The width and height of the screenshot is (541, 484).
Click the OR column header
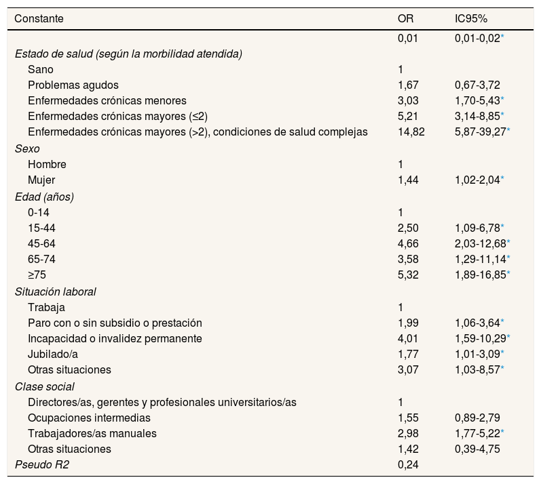pyautogui.click(x=405, y=19)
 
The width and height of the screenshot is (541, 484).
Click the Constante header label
pyautogui.click(x=39, y=19)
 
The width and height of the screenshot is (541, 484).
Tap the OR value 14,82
pyautogui.click(x=411, y=132)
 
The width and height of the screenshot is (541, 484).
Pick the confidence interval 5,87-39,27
pyautogui.click(x=480, y=132)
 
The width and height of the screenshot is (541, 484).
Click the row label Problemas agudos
pyautogui.click(x=73, y=85)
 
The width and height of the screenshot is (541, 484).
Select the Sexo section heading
pyautogui.click(x=27, y=148)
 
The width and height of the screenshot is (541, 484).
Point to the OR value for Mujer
pyautogui.click(x=408, y=180)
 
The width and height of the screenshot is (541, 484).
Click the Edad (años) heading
pyautogui.click(x=44, y=196)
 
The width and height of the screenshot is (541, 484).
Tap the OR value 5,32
pyautogui.click(x=408, y=275)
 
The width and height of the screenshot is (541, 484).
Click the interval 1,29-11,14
pyautogui.click(x=480, y=259)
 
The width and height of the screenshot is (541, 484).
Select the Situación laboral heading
pyautogui.click(x=55, y=291)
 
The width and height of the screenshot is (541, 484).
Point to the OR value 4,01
pyautogui.click(x=408, y=338)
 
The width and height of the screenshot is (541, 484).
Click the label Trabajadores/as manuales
pyautogui.click(x=92, y=433)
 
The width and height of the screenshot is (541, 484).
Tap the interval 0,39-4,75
pyautogui.click(x=477, y=449)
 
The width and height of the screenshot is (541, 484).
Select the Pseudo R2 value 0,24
pyautogui.click(x=408, y=465)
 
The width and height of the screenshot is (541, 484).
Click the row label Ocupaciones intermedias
pyautogui.click(x=89, y=418)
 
